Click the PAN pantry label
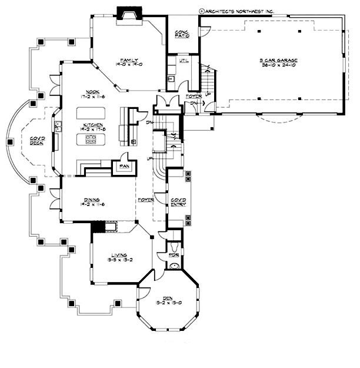pyautogui.click(x=124, y=166)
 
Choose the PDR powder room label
pyautogui.click(x=174, y=256)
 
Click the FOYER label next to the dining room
pyautogui.click(x=146, y=200)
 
